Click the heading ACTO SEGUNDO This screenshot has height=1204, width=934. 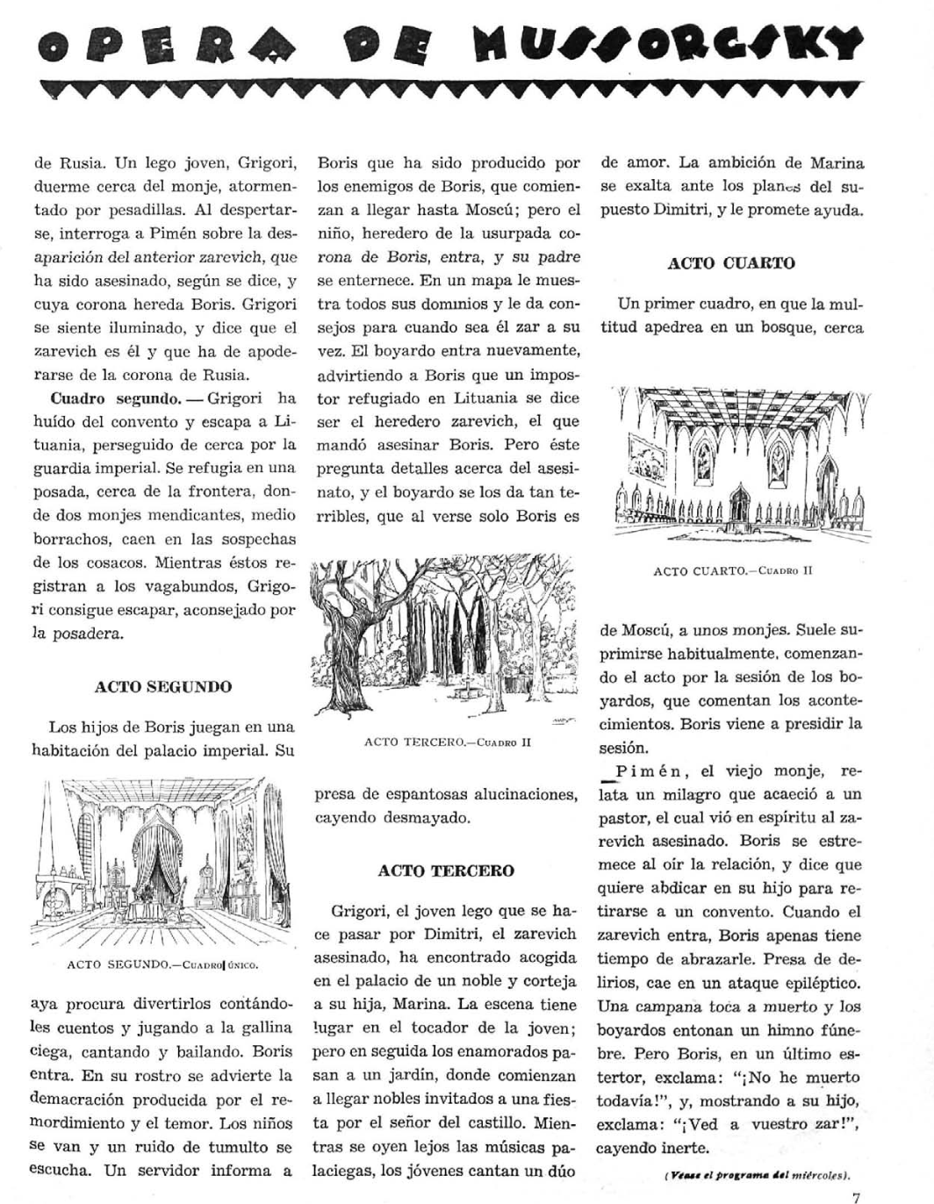pyautogui.click(x=163, y=687)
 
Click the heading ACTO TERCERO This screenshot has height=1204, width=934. pyautogui.click(x=446, y=871)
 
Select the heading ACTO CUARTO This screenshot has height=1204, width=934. pyautogui.click(x=731, y=263)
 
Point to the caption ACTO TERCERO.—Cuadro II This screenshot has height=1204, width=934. pyautogui.click(x=448, y=742)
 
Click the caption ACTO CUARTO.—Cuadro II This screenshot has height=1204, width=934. pyautogui.click(x=733, y=570)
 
